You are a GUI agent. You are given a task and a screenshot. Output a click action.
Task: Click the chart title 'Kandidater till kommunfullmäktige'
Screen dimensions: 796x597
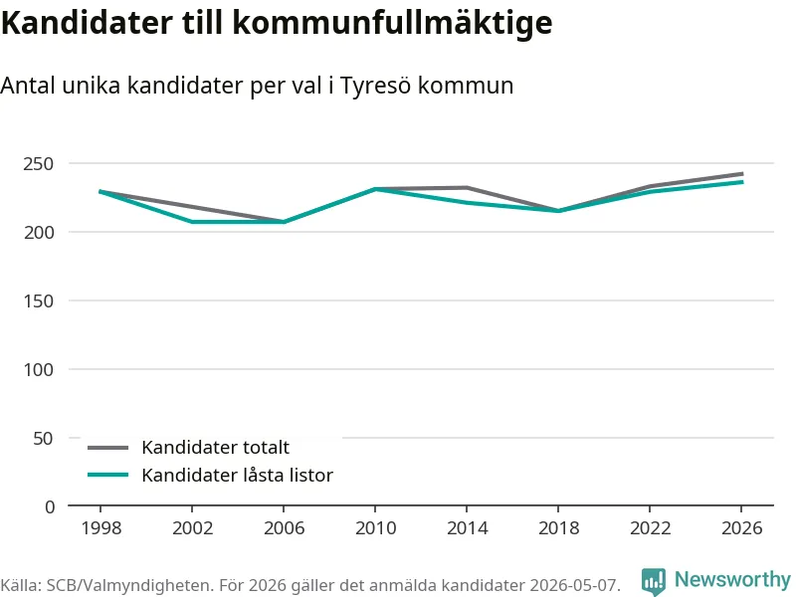[277, 22]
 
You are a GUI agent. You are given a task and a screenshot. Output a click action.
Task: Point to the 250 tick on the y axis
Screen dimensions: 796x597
[38, 164]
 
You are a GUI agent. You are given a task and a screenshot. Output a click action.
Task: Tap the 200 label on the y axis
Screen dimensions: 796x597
[38, 233]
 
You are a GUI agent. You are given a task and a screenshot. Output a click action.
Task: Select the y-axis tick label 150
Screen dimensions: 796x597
[38, 301]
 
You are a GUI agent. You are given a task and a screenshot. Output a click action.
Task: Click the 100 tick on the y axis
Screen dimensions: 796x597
[38, 369]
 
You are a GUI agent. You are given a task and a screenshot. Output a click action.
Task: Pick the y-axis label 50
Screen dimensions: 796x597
[43, 438]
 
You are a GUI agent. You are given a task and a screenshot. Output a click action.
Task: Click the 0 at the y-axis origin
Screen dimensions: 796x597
[50, 506]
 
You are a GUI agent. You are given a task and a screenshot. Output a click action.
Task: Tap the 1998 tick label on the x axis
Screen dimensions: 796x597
[101, 528]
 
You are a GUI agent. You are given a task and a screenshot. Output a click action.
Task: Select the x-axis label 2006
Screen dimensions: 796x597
[284, 528]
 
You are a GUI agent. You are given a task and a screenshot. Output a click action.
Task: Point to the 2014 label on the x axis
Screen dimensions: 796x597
[467, 528]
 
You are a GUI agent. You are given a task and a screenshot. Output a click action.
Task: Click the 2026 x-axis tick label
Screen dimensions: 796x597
[741, 528]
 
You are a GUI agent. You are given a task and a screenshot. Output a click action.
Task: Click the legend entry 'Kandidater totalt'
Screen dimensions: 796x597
[215, 447]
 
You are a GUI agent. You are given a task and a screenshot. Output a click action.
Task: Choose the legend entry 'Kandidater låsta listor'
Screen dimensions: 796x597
[237, 476]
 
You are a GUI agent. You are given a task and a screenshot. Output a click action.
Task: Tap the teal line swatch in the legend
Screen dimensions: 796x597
[108, 476]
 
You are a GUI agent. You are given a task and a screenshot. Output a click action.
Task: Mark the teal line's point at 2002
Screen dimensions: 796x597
[192, 222]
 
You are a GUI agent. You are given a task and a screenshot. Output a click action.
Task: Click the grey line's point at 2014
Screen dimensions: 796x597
[467, 188]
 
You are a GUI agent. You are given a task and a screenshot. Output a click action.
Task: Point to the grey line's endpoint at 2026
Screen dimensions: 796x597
[742, 174]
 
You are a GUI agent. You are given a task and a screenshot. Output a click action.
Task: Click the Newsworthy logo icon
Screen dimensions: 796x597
[654, 581]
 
